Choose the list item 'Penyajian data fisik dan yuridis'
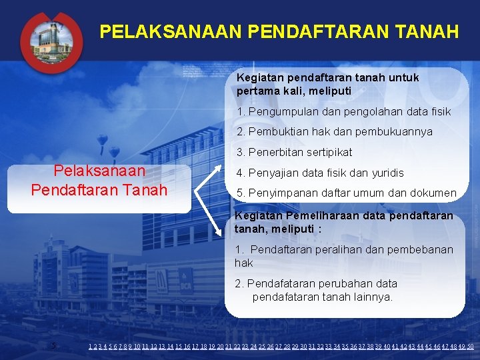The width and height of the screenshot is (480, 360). click(x=325, y=173)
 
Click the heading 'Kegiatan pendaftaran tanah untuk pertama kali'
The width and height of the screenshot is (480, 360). click(x=327, y=84)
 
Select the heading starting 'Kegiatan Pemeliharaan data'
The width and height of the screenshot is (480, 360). click(x=343, y=222)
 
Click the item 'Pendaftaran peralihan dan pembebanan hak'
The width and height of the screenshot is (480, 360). click(x=343, y=256)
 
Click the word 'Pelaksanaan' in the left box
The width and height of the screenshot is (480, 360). click(x=99, y=171)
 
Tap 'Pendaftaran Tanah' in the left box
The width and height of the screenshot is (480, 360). click(x=99, y=189)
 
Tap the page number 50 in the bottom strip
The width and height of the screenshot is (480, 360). click(x=471, y=347)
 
